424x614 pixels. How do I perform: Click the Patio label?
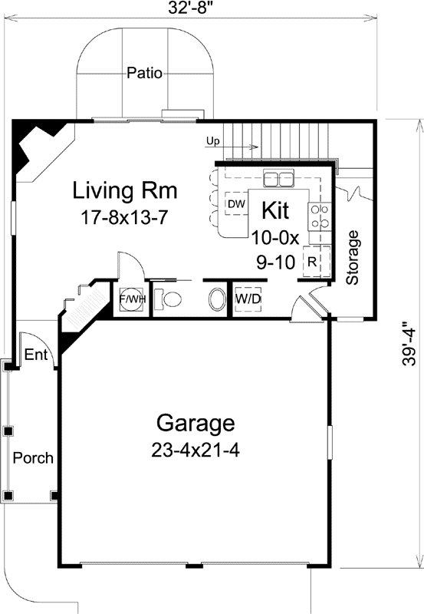(x=144, y=74)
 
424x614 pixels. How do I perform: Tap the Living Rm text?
(x=125, y=190)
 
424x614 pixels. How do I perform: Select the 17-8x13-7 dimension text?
(x=124, y=217)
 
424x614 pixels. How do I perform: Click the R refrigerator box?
(x=312, y=260)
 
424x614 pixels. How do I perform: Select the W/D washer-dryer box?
(x=246, y=298)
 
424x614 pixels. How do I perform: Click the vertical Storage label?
(x=353, y=257)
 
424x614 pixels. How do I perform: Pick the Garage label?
(x=195, y=423)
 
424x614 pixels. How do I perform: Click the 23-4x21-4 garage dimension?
(x=196, y=450)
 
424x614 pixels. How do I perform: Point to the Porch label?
(x=33, y=458)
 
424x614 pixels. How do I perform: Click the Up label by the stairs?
(x=214, y=141)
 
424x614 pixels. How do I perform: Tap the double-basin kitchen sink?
(x=278, y=179)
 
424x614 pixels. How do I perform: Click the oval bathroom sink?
(x=218, y=299)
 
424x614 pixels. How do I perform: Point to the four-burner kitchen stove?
(x=319, y=216)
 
